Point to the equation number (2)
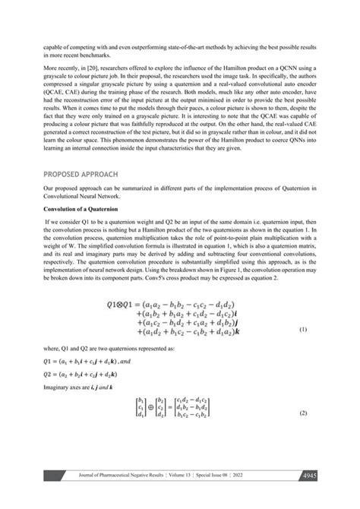click(x=302, y=433)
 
